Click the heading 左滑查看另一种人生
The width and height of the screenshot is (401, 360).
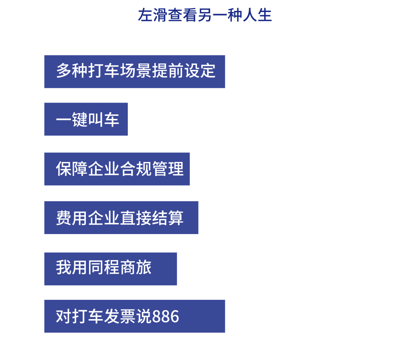[x=205, y=16]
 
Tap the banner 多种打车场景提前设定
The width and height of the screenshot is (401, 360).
[x=135, y=71]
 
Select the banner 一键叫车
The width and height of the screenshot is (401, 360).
[x=86, y=119]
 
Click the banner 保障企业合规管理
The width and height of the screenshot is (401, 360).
[x=117, y=169]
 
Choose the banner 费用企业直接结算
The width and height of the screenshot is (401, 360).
[x=121, y=218]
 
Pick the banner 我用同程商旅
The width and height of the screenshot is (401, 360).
[x=111, y=269]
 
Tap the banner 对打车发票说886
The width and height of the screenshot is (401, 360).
[x=135, y=316]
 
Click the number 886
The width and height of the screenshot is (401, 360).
[x=166, y=317]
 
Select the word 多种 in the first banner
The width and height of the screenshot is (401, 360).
[x=72, y=71]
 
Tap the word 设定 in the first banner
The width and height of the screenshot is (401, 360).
[x=200, y=71]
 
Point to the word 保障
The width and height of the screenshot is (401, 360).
[x=72, y=169]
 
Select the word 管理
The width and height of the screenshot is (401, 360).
[x=168, y=169]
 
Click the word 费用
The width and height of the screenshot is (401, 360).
[x=72, y=218]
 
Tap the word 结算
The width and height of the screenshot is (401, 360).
[x=168, y=218]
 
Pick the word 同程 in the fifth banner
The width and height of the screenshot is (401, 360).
[x=104, y=267]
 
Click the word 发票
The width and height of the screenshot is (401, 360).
[x=120, y=317]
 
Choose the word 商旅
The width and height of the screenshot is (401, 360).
[x=136, y=267]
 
